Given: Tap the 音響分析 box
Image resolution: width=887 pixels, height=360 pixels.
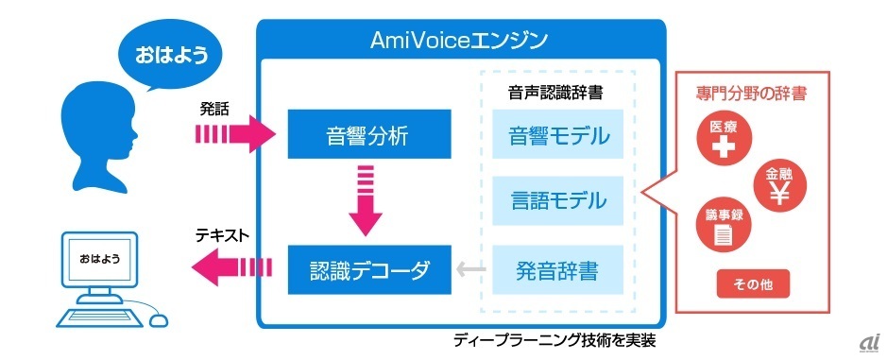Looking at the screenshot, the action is [369, 134].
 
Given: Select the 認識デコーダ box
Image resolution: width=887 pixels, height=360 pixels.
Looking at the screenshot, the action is [369, 269].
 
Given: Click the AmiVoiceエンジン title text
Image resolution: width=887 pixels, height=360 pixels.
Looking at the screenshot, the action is [459, 40].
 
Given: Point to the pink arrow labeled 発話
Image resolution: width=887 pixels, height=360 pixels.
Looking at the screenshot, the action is [235, 135].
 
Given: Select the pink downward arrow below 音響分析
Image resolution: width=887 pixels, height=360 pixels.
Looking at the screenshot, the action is [366, 200].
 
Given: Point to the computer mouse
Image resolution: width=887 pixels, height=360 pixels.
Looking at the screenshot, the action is [159, 319].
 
